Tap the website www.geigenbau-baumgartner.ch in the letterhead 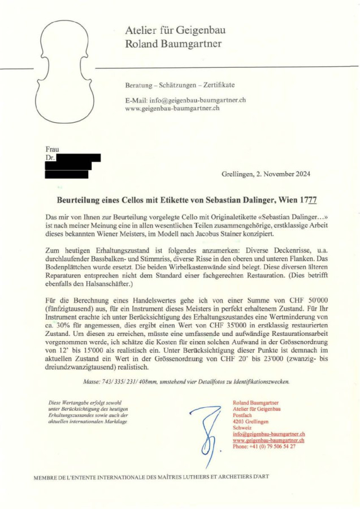pyautogui.click(x=172, y=107)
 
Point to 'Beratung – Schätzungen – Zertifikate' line pyautogui.click(x=180, y=85)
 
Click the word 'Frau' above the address pyautogui.click(x=52, y=149)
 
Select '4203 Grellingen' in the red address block pyautogui.click(x=251, y=422)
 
